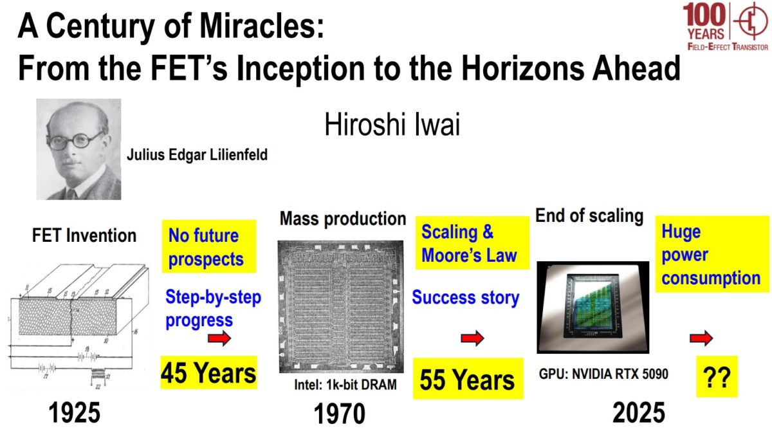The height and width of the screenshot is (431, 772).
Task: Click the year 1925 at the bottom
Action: [75, 413]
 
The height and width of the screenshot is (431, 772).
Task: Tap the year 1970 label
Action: [339, 414]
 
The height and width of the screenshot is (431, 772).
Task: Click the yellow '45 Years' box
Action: [208, 372]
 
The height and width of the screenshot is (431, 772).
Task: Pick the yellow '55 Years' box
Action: [467, 380]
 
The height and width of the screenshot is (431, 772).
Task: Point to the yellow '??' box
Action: [717, 378]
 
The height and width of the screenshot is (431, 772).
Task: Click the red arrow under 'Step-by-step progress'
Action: [219, 339]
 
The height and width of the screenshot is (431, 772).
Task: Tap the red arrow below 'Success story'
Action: [472, 339]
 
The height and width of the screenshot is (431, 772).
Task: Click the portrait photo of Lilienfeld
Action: [78, 149]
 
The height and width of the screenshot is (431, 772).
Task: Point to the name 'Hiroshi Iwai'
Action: [392, 125]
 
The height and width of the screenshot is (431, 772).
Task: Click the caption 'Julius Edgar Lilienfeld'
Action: [197, 155]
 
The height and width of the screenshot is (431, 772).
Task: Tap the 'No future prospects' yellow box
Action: [208, 247]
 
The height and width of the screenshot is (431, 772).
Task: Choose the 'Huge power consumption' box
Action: [712, 255]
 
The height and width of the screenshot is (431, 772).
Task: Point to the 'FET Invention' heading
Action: [84, 235]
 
